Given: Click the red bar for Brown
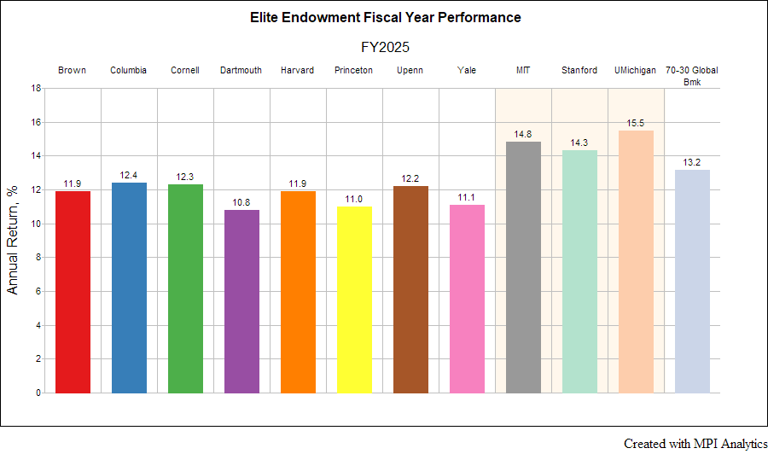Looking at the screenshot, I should click(x=73, y=292).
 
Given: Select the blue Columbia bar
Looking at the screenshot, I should click(x=129, y=288).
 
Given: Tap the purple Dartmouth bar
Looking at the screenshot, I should click(x=241, y=301).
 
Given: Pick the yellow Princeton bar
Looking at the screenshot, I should click(x=354, y=300).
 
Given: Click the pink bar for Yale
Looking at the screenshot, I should click(x=467, y=299).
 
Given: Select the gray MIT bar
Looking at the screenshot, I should click(x=523, y=267).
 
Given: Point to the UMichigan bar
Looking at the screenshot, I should click(x=636, y=261).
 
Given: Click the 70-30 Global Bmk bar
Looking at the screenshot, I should click(x=692, y=281).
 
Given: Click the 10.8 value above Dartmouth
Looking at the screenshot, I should click(x=241, y=202).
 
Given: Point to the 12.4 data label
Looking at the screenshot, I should click(x=129, y=175).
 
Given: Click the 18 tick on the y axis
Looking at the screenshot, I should click(x=36, y=88).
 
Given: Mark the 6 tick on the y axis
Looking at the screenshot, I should click(x=38, y=291).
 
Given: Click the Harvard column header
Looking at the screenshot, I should click(x=298, y=70).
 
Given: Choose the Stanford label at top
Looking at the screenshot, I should click(x=579, y=70).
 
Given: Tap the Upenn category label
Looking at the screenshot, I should click(x=410, y=70).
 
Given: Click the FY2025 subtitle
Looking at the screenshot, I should click(x=385, y=47).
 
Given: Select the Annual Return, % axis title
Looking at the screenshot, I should click(x=13, y=241).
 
